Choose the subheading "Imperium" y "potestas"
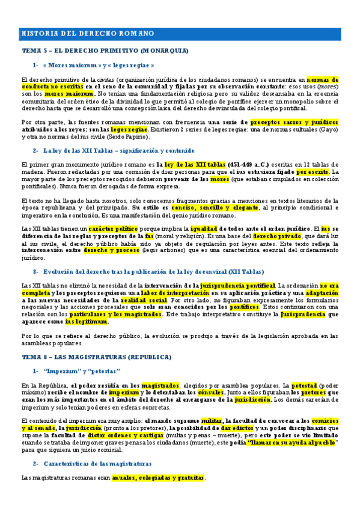pos(81,370)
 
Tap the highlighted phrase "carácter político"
pos(114,229)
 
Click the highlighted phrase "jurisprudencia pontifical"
pos(238,285)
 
